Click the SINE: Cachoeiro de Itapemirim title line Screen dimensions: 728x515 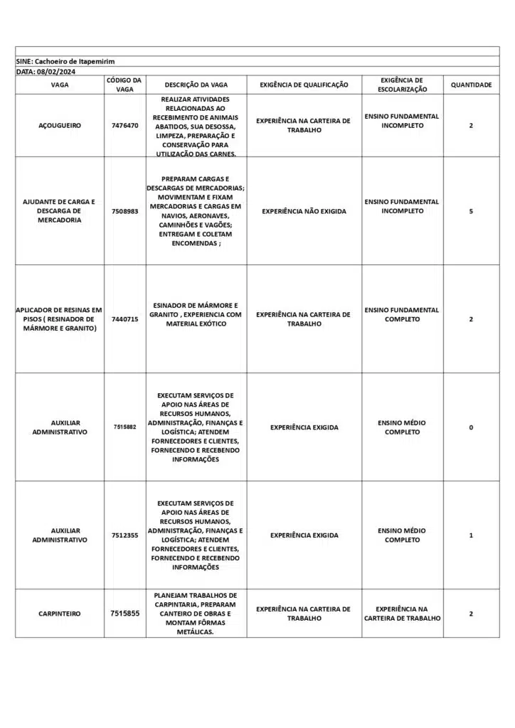65,62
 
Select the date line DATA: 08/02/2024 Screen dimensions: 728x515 46,71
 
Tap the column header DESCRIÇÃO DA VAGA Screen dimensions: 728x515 196,85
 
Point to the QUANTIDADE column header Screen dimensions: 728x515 471,85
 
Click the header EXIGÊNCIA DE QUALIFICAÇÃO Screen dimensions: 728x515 304,85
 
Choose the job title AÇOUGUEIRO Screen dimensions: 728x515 60,125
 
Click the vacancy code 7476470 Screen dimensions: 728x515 125,125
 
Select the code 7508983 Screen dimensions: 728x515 125,211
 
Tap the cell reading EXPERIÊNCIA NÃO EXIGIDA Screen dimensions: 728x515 304,211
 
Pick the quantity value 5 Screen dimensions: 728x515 471,211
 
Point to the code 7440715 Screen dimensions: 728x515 125,319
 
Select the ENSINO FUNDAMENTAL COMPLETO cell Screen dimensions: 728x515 402,314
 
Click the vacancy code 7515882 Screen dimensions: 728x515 125,427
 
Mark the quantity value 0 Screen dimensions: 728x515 471,427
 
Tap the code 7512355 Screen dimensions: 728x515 125,535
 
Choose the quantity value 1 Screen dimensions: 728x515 471,535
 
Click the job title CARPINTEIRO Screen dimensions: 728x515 60,614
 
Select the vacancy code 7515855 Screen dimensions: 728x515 125,613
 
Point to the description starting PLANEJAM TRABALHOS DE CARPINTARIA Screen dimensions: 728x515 196,614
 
